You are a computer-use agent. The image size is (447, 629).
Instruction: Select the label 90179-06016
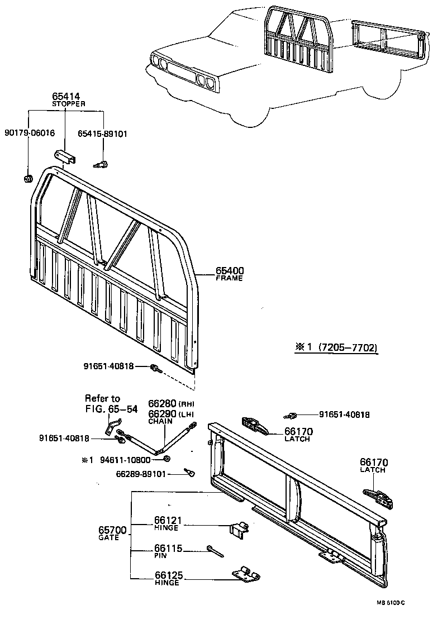coord(29,134)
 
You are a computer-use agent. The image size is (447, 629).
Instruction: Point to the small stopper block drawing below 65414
coord(65,157)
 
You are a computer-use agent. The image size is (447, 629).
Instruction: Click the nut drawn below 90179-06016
coord(26,179)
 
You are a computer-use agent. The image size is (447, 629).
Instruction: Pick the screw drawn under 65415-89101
coord(101,164)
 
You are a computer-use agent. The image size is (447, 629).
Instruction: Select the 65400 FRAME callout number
coord(230,271)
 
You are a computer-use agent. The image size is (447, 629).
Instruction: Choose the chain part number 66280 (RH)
coord(162,403)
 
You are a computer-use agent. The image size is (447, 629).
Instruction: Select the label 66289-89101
coord(141,474)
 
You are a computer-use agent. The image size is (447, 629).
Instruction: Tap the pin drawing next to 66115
coord(214,551)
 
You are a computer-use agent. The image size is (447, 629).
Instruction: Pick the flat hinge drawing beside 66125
coord(246,574)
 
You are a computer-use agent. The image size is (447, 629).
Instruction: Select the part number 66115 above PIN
coord(168,549)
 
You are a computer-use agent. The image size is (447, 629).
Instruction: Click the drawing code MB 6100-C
coord(390,603)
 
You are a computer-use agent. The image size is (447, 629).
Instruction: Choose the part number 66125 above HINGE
coord(168,575)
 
